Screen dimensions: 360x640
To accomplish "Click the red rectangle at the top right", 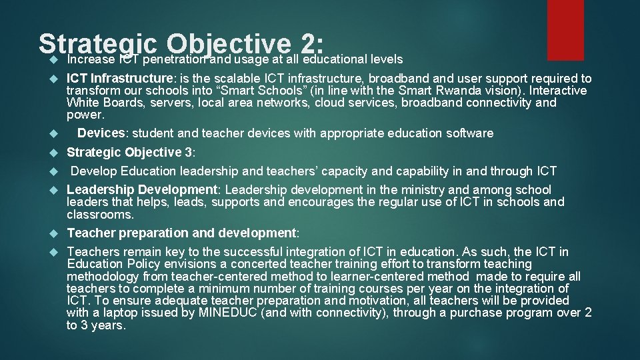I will pos(565,29).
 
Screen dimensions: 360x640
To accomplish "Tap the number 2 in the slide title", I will pos(310,45).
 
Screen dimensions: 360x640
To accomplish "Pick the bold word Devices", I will pos(101,133).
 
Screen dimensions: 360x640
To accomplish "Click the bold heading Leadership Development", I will pos(142,190).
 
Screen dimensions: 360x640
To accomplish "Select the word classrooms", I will pos(100,215).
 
